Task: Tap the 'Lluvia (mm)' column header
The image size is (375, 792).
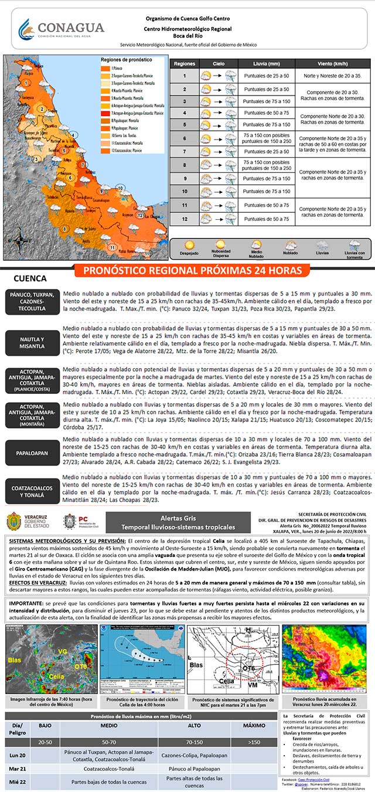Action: click(x=266, y=63)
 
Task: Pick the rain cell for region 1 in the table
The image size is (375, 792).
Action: click(x=266, y=76)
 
